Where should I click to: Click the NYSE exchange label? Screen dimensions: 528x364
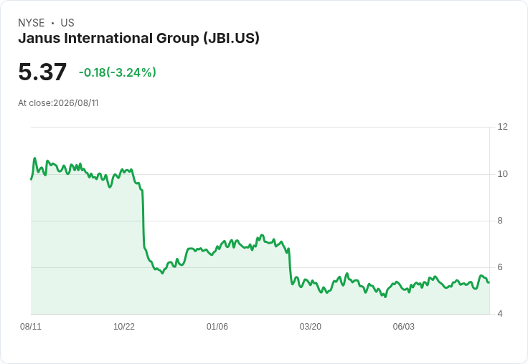[x=32, y=23]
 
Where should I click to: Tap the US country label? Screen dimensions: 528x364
[x=67, y=23]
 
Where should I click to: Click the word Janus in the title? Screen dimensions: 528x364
[x=39, y=38]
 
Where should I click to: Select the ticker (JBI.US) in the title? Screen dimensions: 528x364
[x=231, y=39]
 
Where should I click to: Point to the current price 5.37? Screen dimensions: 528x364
[x=42, y=72]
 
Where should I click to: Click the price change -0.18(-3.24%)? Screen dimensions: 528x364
[x=118, y=72]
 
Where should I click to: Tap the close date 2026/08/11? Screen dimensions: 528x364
[x=76, y=103]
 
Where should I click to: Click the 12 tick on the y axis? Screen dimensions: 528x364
[x=503, y=127]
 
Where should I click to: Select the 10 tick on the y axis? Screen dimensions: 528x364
[x=503, y=174]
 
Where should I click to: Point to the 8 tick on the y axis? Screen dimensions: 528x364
[x=500, y=221]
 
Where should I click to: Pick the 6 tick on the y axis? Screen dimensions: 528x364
[x=500, y=267]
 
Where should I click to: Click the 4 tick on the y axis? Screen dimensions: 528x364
[x=500, y=314]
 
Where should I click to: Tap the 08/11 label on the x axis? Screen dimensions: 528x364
[x=31, y=327]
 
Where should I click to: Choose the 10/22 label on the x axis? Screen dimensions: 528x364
[x=124, y=327]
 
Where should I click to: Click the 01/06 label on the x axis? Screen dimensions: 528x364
[x=217, y=327]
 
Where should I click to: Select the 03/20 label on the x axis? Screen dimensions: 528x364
[x=311, y=327]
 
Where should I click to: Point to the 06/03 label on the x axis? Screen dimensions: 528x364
[x=404, y=327]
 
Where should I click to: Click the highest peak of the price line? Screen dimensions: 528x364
[x=34, y=158]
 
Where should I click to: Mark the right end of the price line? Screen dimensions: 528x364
[x=489, y=282]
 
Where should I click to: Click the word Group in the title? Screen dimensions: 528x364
[x=177, y=39]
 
